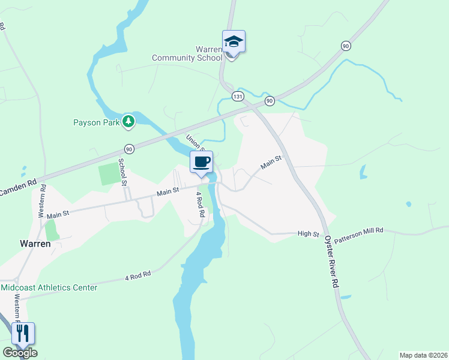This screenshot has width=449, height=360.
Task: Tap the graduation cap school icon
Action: pyautogui.click(x=234, y=43)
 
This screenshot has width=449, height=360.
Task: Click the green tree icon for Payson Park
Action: pyautogui.click(x=128, y=122)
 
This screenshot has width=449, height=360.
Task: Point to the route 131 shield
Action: pyautogui.click(x=238, y=96)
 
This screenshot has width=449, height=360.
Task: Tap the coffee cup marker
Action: pyautogui.click(x=202, y=161)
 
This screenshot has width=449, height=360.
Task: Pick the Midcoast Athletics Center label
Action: pyautogui.click(x=49, y=287)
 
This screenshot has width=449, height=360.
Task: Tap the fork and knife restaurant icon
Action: pyautogui.click(x=23, y=334)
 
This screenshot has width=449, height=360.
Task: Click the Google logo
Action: pyautogui.click(x=20, y=353)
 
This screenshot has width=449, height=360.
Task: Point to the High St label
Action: pyautogui.click(x=307, y=233)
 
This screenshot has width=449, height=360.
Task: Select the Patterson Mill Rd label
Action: pyautogui.click(x=359, y=235)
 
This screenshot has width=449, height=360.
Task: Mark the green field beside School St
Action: pyautogui.click(x=109, y=174)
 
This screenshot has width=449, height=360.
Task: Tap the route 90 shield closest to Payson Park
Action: pyautogui.click(x=129, y=148)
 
